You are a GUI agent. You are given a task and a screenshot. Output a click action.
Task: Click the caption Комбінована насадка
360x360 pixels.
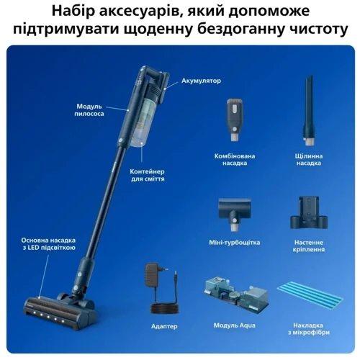coord(235,159)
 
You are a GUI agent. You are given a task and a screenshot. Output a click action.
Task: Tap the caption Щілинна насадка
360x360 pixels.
coord(309,159)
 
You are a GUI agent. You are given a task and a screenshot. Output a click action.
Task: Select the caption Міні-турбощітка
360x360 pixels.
coord(234,242)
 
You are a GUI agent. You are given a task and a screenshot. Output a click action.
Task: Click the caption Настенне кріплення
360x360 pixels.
coord(310,246)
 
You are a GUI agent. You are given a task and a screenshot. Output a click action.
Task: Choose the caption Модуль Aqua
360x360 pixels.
coord(234,325)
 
